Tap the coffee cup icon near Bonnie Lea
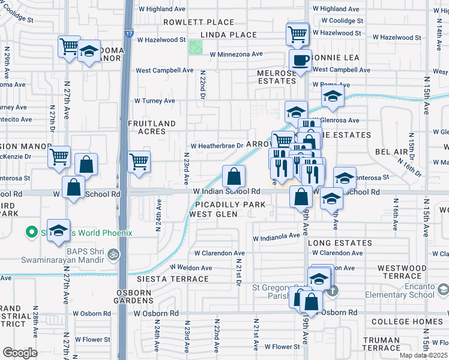click(300, 60)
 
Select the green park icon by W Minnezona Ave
click(196, 47)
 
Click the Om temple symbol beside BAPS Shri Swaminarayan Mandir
click(113, 254)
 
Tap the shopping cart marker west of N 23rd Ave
click(139, 161)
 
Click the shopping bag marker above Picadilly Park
click(234, 176)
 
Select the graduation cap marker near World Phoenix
click(58, 230)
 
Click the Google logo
click(20, 353)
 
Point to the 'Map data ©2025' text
click(423, 355)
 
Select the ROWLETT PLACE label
click(190, 22)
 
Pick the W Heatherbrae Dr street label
click(217, 146)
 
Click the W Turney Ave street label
click(154, 101)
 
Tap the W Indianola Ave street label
click(276, 236)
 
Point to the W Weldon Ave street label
click(191, 268)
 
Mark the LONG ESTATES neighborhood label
click(340, 243)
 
